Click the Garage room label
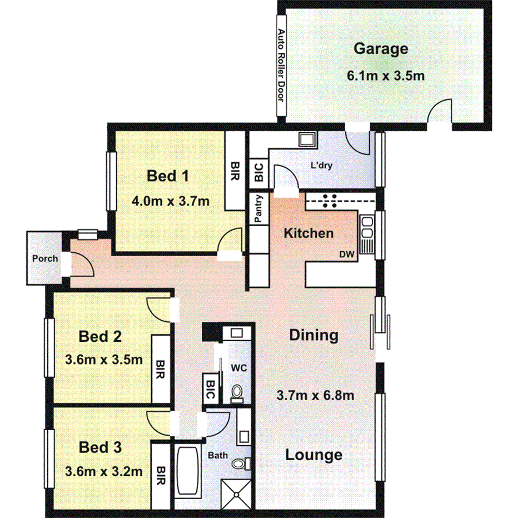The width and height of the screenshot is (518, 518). click(381, 49)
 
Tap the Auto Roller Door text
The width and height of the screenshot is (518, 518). click(281, 65)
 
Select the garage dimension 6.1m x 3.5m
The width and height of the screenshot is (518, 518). click(386, 76)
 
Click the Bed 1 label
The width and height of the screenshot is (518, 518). click(168, 176)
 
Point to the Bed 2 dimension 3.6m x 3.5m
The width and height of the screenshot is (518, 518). click(103, 360)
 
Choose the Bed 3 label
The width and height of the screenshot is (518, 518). click(100, 447)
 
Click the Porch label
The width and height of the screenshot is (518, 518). click(44, 258)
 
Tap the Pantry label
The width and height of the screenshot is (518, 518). click(258, 208)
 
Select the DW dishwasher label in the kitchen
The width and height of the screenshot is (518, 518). click(347, 255)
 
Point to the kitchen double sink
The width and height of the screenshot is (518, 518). click(367, 234)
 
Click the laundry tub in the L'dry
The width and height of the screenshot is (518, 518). click(307, 139)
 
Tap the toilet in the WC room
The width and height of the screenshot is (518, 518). click(237, 392)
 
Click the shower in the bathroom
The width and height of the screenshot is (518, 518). click(238, 494)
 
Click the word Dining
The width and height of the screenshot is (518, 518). click(313, 335)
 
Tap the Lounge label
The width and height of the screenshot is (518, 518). click(313, 455)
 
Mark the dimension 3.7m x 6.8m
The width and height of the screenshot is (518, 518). click(315, 396)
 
